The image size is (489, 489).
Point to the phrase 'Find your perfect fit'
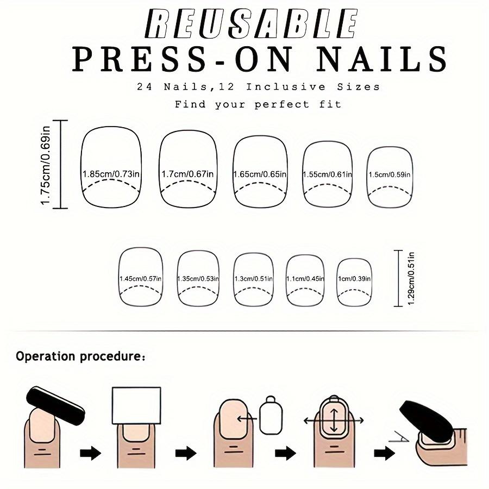[x=258, y=104]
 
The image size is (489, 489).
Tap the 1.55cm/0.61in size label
[x=328, y=174]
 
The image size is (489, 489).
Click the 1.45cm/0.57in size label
[x=141, y=279]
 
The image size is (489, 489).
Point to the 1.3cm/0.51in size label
[x=253, y=279]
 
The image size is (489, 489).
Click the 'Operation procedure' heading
[x=80, y=357]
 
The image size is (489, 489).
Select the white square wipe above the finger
[x=136, y=405]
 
